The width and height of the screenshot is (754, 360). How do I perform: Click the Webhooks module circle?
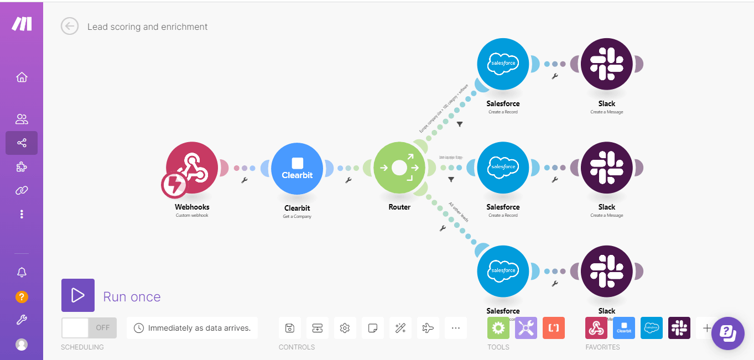point(191,168)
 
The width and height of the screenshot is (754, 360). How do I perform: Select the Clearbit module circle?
point(297,169)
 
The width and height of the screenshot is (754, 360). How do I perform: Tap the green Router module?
point(399,168)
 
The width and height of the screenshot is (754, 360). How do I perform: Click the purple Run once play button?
point(78,295)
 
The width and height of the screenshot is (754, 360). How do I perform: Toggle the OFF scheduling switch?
point(89,327)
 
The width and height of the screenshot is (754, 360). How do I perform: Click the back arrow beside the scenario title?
point(70,26)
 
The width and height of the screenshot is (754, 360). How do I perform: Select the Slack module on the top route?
point(606,64)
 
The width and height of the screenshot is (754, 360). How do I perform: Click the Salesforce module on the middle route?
point(503,168)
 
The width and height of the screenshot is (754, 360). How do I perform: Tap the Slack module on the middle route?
point(606,168)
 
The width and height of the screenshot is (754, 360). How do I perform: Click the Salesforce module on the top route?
point(503,64)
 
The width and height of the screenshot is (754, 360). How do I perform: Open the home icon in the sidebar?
point(22,77)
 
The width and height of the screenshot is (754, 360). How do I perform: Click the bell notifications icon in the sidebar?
point(22,272)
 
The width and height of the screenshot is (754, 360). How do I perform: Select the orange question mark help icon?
point(22,297)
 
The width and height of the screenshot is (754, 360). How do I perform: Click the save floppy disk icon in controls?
point(289,328)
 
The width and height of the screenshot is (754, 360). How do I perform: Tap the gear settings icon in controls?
point(345,328)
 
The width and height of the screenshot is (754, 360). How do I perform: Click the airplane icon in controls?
point(428,328)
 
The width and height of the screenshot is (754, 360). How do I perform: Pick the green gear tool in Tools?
point(498,328)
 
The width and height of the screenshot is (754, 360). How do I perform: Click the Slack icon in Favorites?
point(679,328)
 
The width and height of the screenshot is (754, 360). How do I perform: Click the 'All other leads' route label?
point(459,212)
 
